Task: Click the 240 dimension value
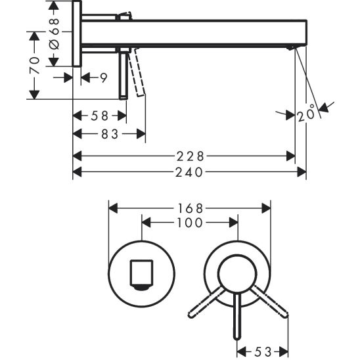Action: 189,172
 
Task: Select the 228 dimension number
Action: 189,156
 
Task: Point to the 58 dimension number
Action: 99,116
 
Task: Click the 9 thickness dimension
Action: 102,78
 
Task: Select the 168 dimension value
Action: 189,208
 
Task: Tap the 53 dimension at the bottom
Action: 263,352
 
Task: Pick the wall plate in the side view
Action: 77,33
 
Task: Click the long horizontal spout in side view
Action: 197,32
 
